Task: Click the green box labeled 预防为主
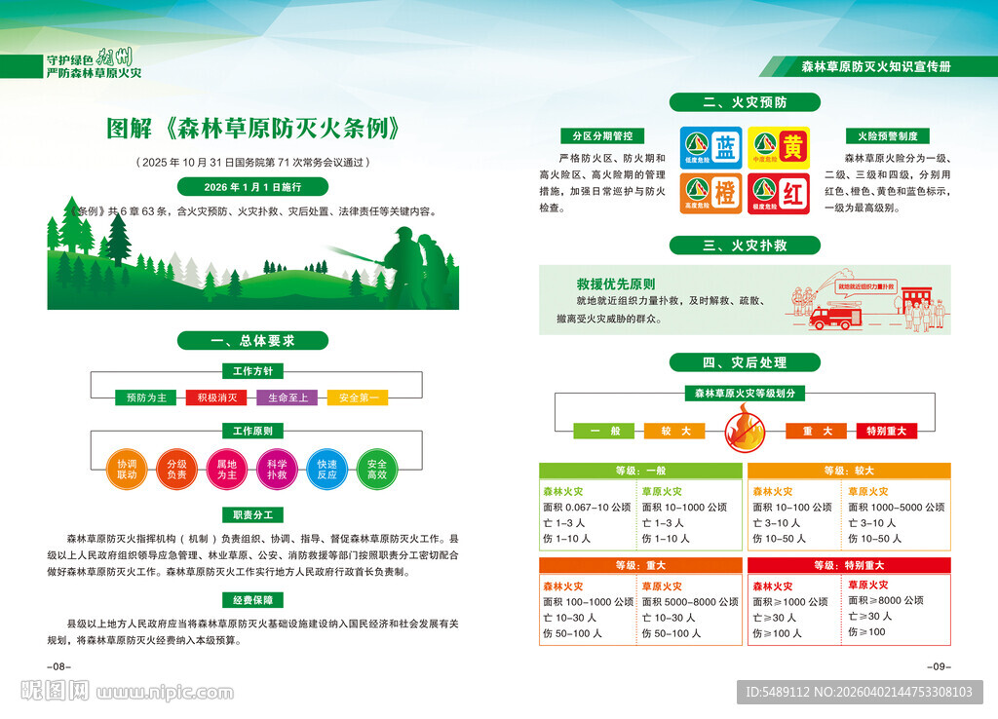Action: pyautogui.click(x=146, y=397)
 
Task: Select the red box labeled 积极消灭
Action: pyautogui.click(x=217, y=397)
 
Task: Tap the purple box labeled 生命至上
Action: pyautogui.click(x=288, y=397)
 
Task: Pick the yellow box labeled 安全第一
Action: pyautogui.click(x=358, y=397)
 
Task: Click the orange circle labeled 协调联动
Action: pyautogui.click(x=127, y=470)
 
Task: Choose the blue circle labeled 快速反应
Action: pyautogui.click(x=327, y=470)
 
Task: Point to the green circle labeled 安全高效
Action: pyautogui.click(x=377, y=470)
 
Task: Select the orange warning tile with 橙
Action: pyautogui.click(x=711, y=193)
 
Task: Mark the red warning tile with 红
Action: pyautogui.click(x=778, y=193)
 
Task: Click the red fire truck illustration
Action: pyautogui.click(x=835, y=317)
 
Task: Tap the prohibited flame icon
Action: pyautogui.click(x=746, y=430)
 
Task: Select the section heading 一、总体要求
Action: pyautogui.click(x=252, y=340)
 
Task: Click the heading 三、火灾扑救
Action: pyautogui.click(x=745, y=246)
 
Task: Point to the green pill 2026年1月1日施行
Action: pyautogui.click(x=252, y=186)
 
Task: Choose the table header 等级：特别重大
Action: pyautogui.click(x=848, y=565)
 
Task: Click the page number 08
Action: pyautogui.click(x=59, y=666)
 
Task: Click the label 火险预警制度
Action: pyautogui.click(x=887, y=135)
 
